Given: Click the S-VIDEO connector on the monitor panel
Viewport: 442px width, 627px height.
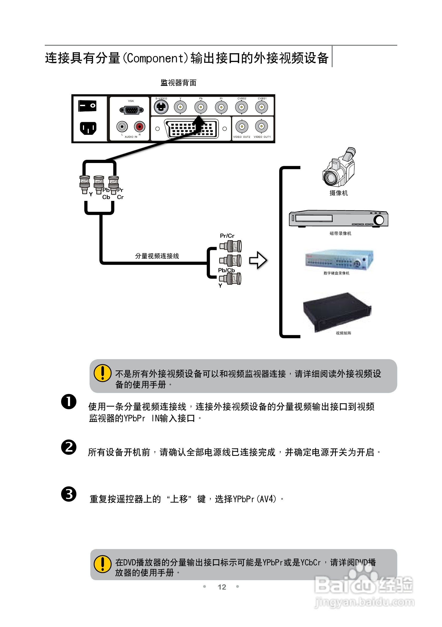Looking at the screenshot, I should click(x=161, y=107).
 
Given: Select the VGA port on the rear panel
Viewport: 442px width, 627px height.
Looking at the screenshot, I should click(x=131, y=110).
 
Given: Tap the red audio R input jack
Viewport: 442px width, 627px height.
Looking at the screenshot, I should click(x=140, y=126).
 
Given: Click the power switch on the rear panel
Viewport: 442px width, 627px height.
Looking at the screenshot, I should click(x=87, y=106).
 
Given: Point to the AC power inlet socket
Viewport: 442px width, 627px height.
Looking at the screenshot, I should click(x=88, y=128).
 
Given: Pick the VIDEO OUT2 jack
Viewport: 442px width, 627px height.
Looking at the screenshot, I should click(x=242, y=126).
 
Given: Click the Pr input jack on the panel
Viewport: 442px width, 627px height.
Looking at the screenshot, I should click(x=221, y=107).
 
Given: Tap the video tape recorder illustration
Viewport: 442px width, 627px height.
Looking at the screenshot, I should click(x=338, y=219).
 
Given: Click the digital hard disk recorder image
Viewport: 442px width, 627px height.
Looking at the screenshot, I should click(x=339, y=260).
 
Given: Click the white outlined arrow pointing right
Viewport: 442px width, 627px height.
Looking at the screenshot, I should click(x=258, y=260).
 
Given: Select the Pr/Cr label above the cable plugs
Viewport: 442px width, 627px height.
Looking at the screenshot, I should click(x=227, y=236).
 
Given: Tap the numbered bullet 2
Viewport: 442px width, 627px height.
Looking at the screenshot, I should click(x=69, y=447).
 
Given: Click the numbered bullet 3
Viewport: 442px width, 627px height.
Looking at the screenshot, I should click(x=69, y=494).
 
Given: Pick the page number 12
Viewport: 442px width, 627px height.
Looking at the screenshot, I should click(x=222, y=587).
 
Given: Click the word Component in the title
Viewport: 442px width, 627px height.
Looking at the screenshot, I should click(x=155, y=58).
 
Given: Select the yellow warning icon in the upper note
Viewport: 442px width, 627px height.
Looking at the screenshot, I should click(x=102, y=373).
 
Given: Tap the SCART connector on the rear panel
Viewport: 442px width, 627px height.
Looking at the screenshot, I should click(x=191, y=128).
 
